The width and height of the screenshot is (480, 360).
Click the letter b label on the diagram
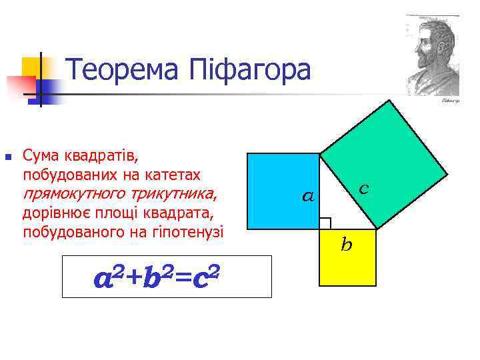click(346, 245)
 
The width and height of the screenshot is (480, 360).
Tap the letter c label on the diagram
click(364, 189)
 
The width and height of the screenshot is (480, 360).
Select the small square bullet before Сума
click(9, 158)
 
